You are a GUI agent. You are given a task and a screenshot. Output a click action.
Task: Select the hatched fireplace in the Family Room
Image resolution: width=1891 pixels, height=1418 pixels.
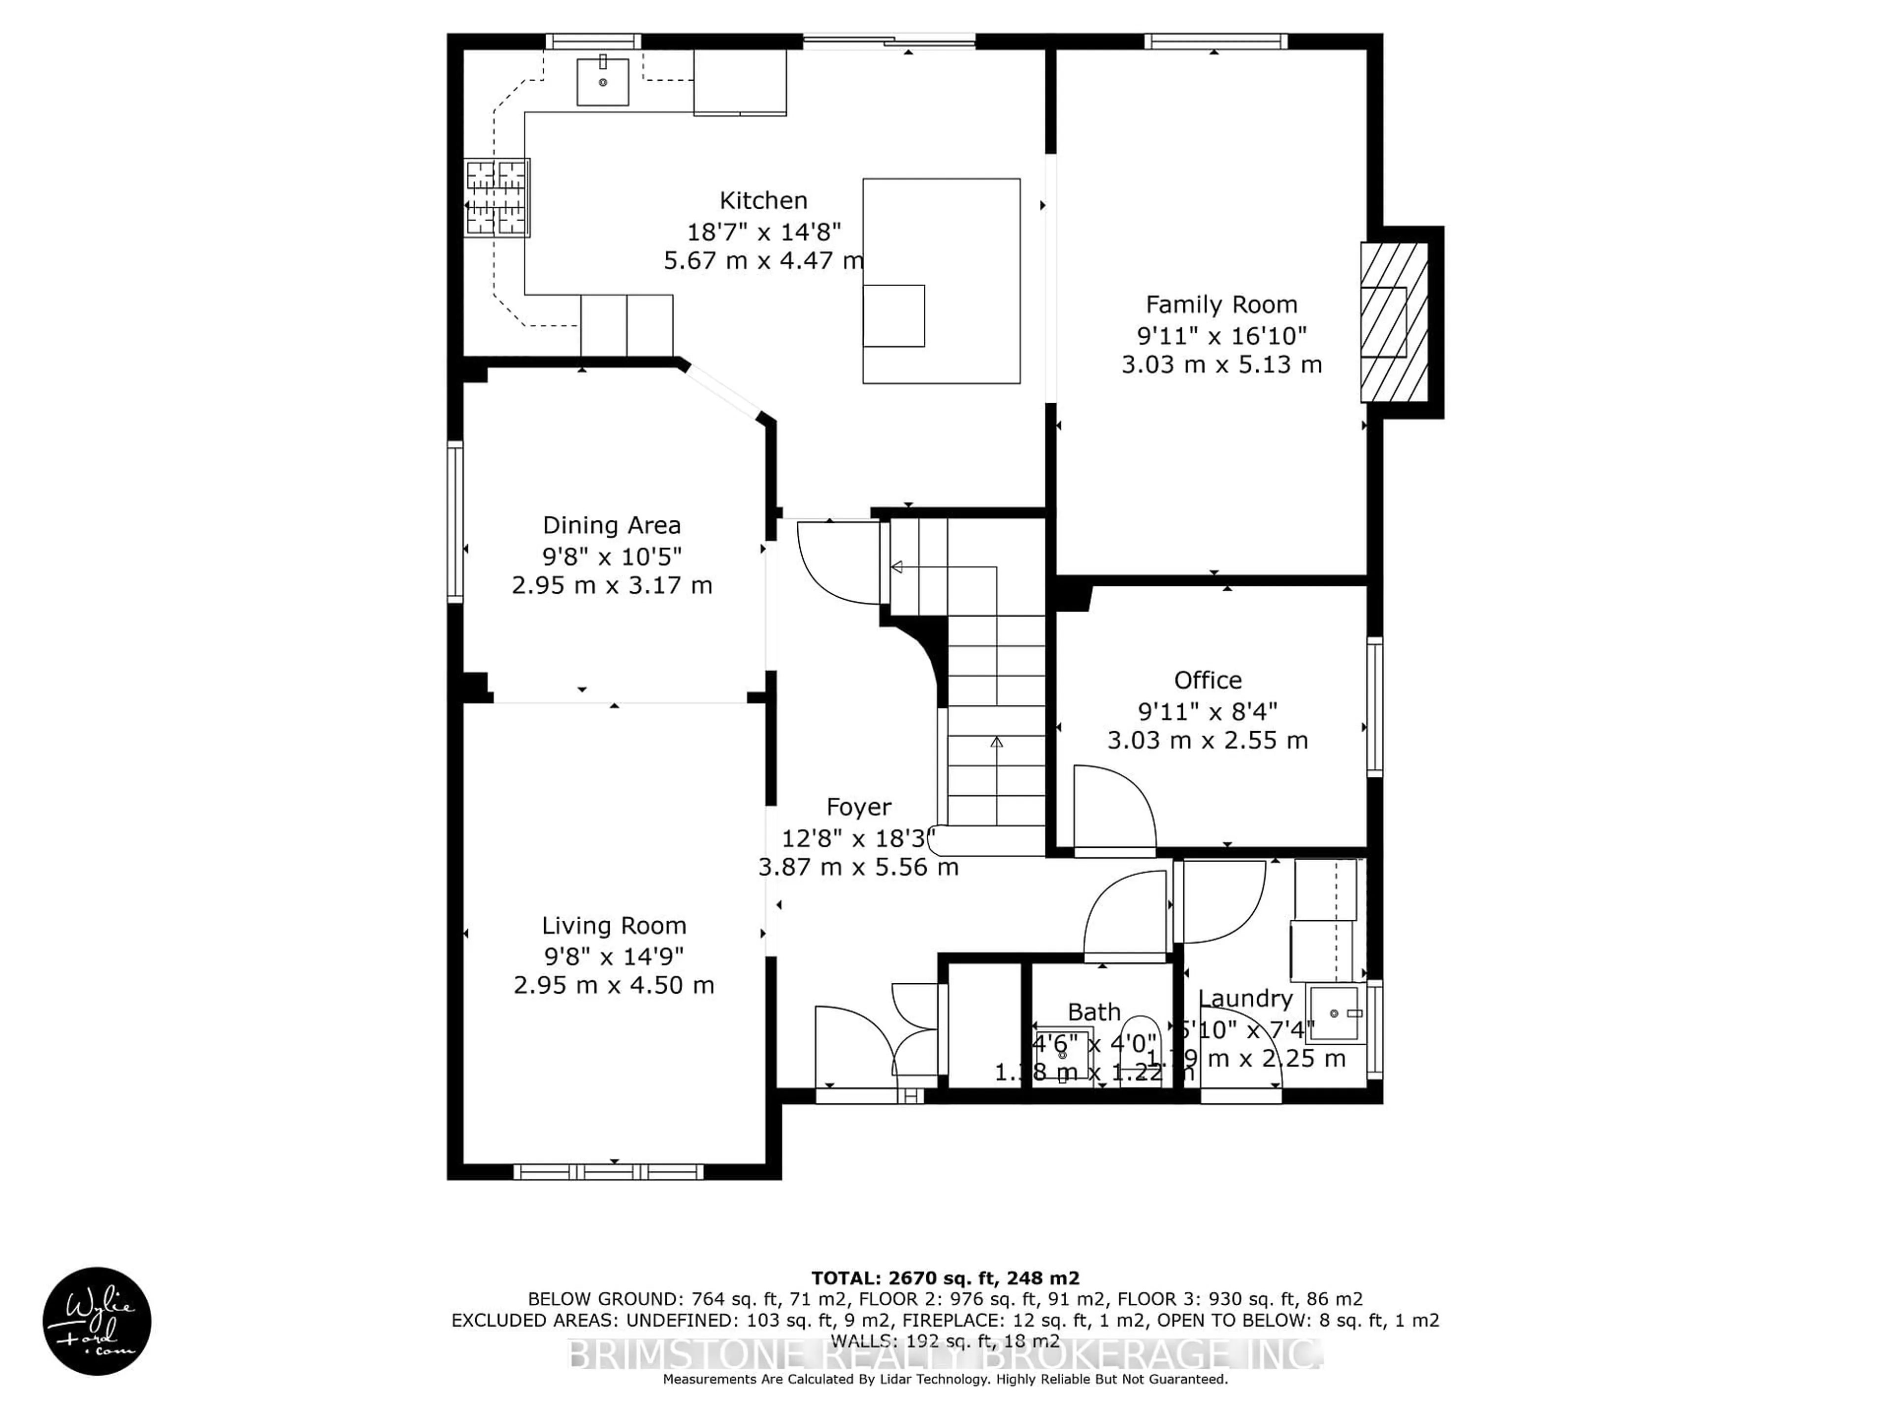click(1394, 322)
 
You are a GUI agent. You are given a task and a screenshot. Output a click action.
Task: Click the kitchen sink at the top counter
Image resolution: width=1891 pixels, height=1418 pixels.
click(603, 82)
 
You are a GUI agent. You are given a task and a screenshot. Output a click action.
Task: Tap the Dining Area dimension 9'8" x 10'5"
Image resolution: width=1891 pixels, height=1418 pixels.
click(612, 556)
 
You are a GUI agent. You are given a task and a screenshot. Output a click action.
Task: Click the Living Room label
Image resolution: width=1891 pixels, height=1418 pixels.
click(614, 926)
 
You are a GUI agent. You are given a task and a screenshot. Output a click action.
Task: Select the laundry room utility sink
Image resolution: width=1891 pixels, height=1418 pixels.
click(1336, 1014)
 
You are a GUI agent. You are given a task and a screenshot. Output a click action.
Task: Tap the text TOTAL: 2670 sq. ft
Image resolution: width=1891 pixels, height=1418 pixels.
click(945, 1278)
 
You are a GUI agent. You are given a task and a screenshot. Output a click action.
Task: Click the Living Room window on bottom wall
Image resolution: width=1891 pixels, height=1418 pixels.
click(609, 1171)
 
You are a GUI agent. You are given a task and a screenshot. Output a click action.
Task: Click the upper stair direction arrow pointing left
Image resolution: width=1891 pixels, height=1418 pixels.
click(898, 567)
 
